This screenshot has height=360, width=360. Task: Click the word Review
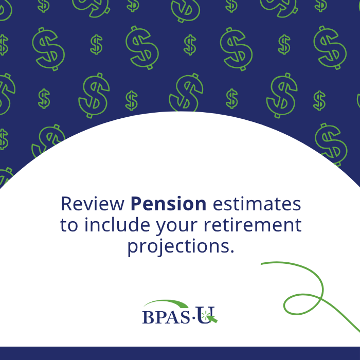93,204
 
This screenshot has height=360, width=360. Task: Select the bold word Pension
168,204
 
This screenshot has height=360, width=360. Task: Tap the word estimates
257,204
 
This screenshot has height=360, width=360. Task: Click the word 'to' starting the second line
69,225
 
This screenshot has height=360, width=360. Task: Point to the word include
117,224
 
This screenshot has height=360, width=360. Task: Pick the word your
177,227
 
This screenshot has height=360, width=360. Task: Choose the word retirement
253,225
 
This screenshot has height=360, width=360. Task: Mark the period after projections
231,251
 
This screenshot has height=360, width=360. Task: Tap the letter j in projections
162,247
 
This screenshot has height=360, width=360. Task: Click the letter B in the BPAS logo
149,317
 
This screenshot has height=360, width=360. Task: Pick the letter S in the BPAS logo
185,317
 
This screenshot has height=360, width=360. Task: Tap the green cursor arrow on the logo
212,319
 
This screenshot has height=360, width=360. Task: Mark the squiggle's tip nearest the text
261,264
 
